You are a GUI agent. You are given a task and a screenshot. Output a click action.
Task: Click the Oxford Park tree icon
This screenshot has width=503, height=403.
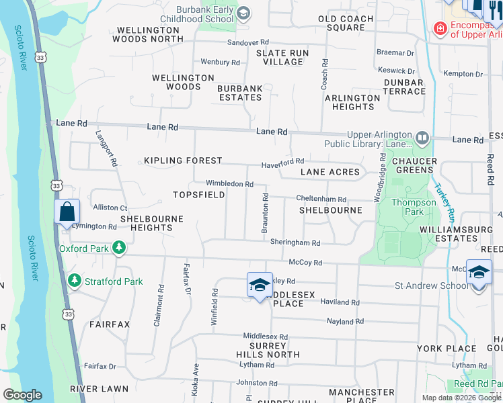point(119,248)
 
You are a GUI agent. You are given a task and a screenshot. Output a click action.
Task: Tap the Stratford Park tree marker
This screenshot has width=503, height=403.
point(75,281)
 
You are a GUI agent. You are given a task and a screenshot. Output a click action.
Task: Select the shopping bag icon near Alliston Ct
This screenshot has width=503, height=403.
point(67,212)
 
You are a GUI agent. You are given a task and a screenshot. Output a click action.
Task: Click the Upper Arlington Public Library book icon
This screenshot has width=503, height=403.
point(422,138)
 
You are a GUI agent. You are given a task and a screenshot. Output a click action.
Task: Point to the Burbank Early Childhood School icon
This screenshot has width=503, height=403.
point(243,13)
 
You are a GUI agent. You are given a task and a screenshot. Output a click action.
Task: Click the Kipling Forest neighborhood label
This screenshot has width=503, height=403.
point(183,161)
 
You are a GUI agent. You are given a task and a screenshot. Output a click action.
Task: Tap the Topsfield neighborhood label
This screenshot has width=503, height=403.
point(198,195)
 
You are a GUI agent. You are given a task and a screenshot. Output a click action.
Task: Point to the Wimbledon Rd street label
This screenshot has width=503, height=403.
point(229,183)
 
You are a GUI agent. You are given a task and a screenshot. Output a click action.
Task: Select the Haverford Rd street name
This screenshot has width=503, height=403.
point(282,161)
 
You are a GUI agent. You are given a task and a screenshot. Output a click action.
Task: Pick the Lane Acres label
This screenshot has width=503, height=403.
point(330,172)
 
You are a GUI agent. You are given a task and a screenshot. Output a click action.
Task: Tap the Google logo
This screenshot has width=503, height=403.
point(23,395)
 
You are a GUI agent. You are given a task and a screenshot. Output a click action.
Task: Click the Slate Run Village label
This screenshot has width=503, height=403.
point(283,57)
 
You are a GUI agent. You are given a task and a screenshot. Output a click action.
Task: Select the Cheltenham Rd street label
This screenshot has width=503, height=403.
point(322,199)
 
